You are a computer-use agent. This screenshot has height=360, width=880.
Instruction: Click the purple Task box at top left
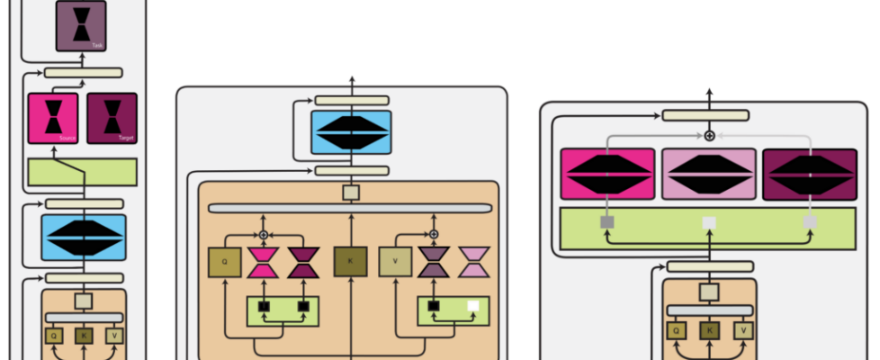coord(81,24)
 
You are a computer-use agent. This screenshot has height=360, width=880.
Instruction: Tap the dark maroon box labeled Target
coord(112,118)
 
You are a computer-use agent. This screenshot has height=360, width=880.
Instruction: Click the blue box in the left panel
coord(83,238)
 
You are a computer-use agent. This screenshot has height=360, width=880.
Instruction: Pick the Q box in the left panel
coord(54,336)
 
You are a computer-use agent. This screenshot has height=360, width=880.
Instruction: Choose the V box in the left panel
coord(114,336)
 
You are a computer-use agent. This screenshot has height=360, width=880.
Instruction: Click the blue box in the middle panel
coord(351,132)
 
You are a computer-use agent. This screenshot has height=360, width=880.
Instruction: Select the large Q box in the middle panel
coord(224,262)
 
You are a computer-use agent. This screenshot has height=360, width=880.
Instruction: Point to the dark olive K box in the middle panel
coord(351,262)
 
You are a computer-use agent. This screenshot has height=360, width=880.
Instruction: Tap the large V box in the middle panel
coord(394,262)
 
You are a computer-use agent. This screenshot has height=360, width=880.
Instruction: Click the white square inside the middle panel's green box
coord(472,306)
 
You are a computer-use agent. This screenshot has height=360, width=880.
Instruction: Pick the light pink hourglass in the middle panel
coord(474,262)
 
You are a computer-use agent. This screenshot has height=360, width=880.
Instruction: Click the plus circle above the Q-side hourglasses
coord(264,234)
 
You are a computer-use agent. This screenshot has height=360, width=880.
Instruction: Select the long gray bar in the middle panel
coord(350,209)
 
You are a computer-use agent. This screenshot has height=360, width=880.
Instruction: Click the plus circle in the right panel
coord(709,135)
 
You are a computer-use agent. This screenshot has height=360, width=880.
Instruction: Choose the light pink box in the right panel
coord(708,175)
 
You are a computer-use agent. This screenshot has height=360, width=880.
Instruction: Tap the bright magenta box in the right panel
coord(607,175)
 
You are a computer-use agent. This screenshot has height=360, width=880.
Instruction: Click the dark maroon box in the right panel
coord(809,175)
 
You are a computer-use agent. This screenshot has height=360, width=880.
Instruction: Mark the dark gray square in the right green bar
coord(607,221)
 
